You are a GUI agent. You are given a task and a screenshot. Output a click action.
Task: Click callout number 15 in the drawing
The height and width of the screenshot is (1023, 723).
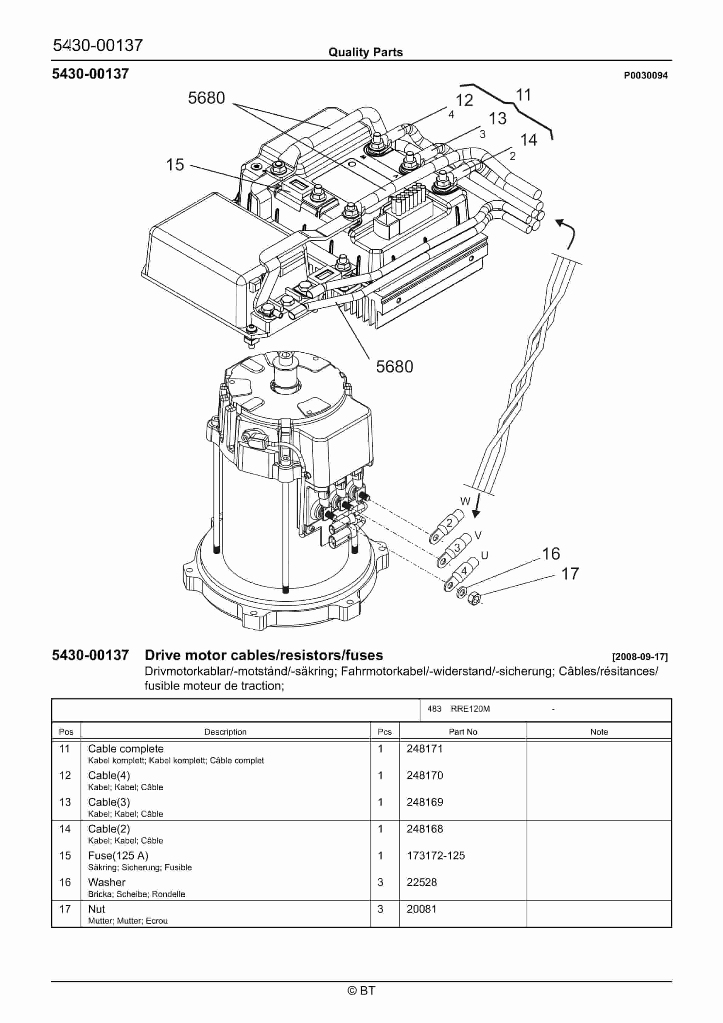click(x=175, y=165)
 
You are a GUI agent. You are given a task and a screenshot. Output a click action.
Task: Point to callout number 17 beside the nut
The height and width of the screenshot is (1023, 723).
click(x=570, y=574)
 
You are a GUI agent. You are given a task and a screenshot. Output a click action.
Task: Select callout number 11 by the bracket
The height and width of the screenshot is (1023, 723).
click(x=523, y=95)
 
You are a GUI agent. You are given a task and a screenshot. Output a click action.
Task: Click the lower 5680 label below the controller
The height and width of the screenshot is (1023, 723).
click(x=395, y=367)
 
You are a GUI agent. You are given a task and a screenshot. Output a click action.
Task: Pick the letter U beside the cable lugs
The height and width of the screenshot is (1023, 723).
click(x=485, y=555)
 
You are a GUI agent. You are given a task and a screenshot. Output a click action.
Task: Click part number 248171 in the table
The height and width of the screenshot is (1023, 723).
click(x=424, y=748)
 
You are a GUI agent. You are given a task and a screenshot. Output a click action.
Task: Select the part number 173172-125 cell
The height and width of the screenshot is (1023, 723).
click(x=436, y=855)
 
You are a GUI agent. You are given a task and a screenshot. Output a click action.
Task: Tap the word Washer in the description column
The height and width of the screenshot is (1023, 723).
click(x=107, y=882)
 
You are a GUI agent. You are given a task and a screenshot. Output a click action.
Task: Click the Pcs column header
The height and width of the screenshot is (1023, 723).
click(x=384, y=732)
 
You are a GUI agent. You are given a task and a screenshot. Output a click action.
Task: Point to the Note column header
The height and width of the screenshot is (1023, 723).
click(x=599, y=732)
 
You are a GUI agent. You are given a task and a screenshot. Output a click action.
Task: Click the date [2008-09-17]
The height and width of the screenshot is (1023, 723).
click(x=640, y=657)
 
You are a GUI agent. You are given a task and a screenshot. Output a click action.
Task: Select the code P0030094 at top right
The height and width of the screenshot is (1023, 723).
click(x=646, y=75)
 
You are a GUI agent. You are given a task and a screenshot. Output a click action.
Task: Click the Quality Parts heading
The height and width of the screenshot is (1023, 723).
click(x=365, y=53)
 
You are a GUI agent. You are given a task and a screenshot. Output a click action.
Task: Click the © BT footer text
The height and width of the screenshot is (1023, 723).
click(x=361, y=990)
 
